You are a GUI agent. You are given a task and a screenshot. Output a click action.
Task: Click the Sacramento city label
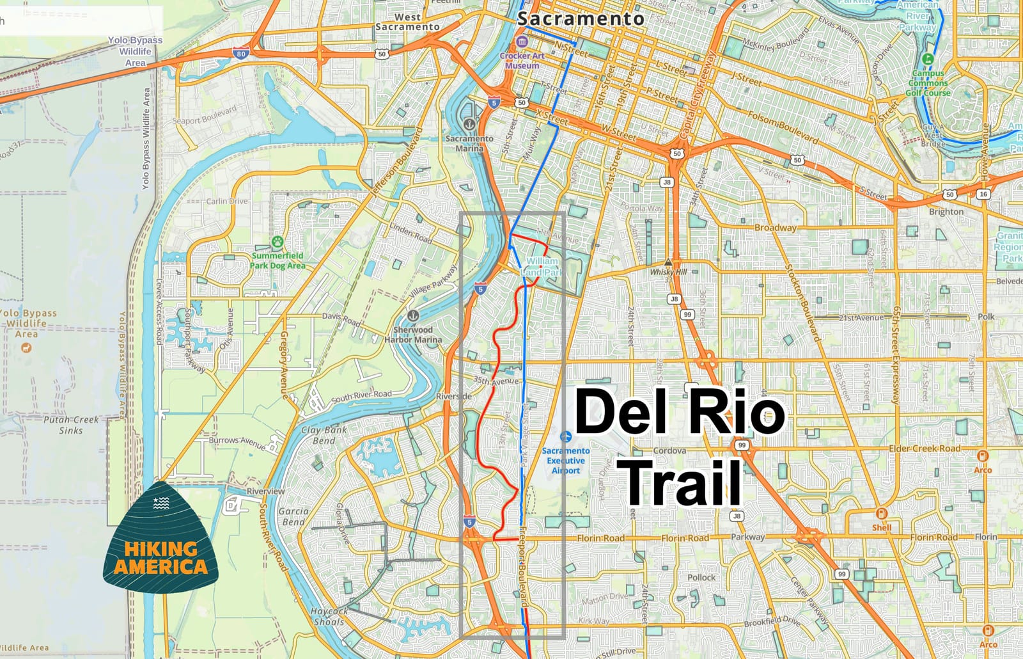coord(580,19)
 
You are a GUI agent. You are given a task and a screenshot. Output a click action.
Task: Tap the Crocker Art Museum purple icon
coord(522,42)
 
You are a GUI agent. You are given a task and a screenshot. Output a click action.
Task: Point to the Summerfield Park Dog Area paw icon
coord(277,242)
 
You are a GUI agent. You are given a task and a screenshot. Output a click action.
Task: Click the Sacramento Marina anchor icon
coord(469,123)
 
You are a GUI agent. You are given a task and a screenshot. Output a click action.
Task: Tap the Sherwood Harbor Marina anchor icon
coord(413,315)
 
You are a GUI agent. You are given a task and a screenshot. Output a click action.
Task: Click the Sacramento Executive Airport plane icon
coord(565,436)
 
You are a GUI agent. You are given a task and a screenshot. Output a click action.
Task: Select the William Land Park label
coord(542,267)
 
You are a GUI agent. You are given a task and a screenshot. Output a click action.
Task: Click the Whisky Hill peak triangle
coord(668,262)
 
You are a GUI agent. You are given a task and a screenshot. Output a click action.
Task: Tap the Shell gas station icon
coord(881,514)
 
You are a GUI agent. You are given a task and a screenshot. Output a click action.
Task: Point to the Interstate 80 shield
coord(240,54)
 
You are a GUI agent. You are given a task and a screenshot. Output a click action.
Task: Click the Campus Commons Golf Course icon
coord(928,59)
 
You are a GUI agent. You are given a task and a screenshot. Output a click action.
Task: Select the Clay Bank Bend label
coord(324,435)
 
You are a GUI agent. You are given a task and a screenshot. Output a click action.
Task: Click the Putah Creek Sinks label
coord(71,425)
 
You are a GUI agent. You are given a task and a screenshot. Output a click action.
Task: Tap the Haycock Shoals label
coord(329,616)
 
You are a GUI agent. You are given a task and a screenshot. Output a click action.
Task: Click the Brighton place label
coord(946,212)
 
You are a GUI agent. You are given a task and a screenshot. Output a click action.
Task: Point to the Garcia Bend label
coord(293,516)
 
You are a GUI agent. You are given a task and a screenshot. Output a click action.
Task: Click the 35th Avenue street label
coord(496,380)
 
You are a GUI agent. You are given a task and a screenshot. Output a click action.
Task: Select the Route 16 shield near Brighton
coord(983,194)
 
